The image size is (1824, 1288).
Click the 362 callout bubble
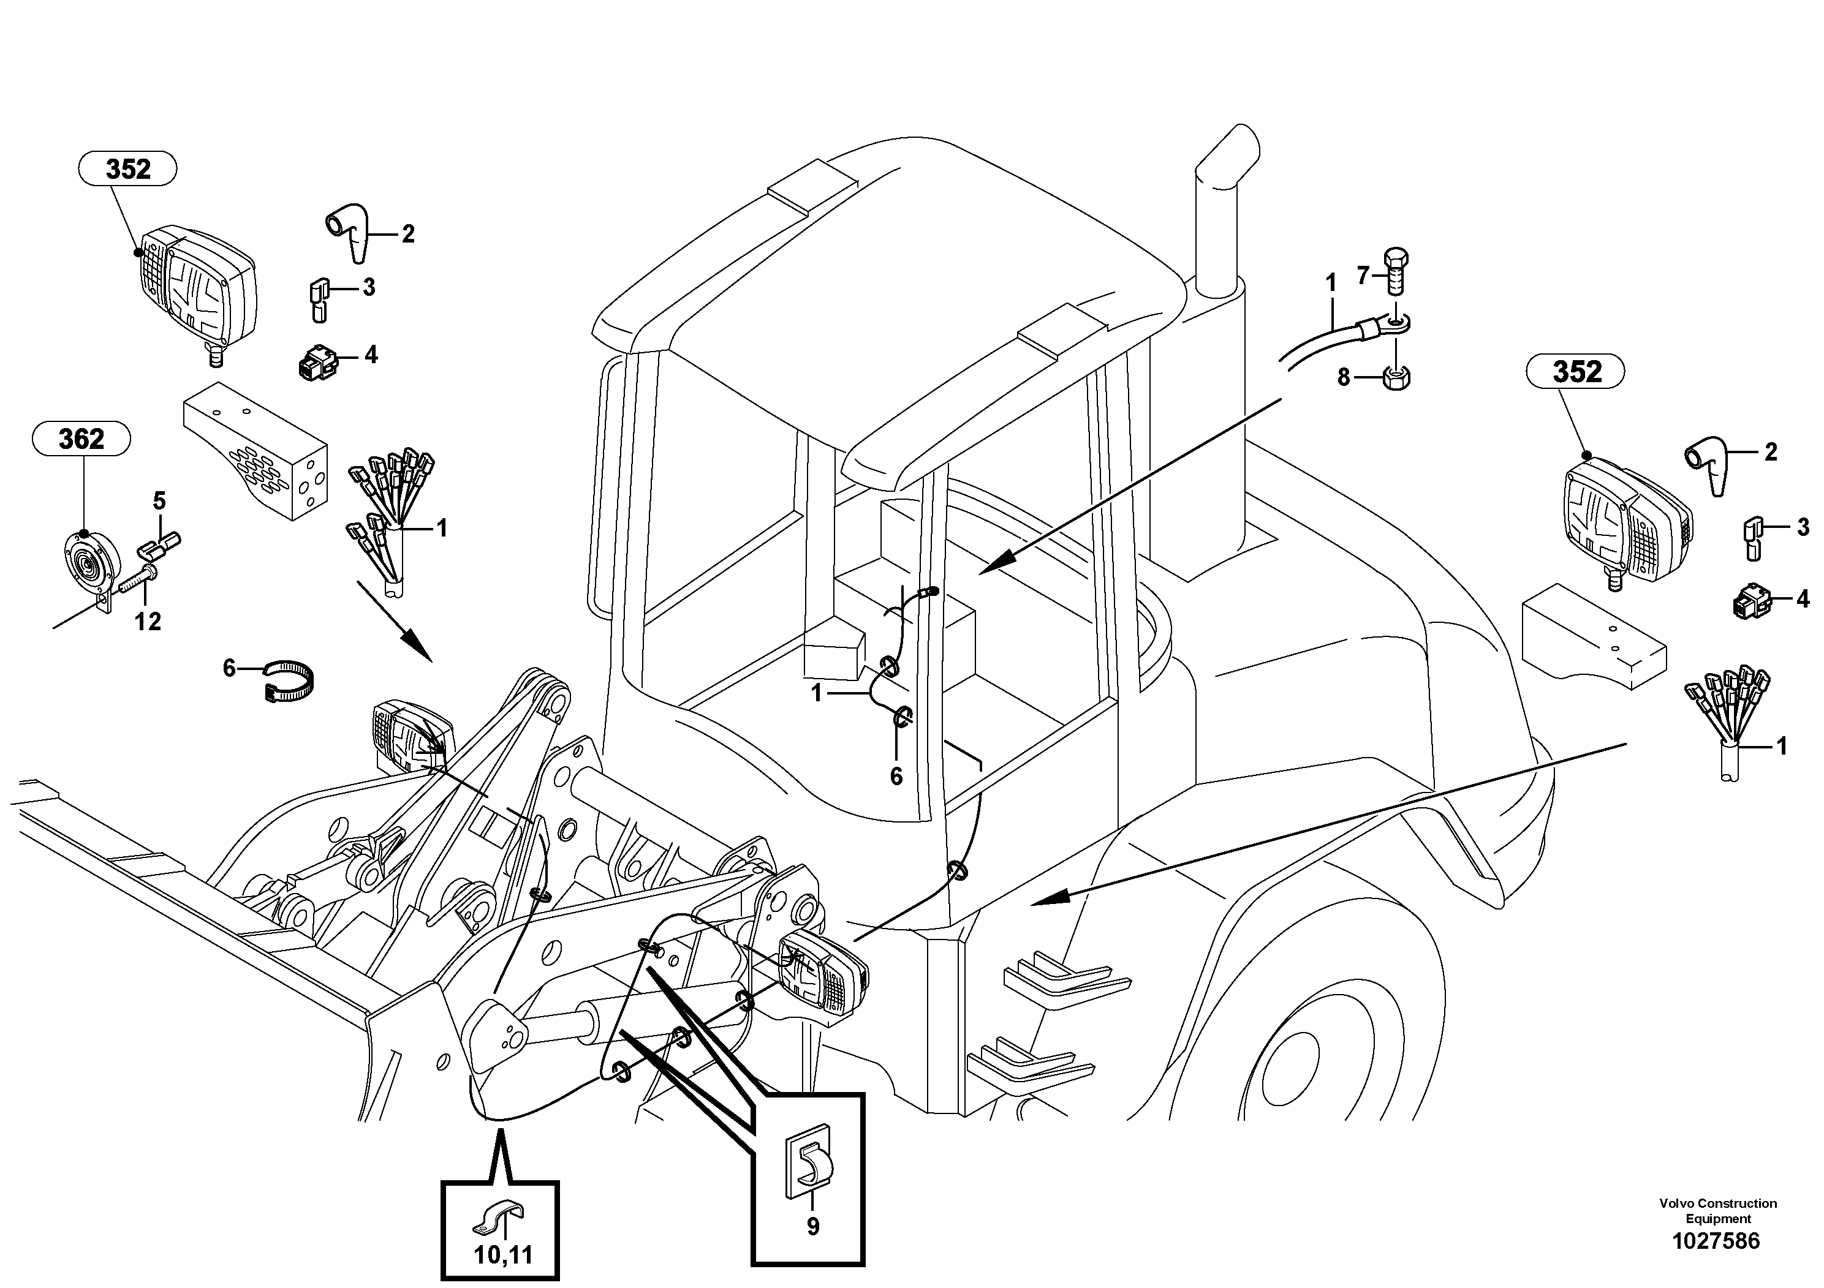tap(81, 439)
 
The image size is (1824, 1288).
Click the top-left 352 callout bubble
tap(128, 168)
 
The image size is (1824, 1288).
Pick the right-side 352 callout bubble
tap(1576, 372)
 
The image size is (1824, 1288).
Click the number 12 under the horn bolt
tap(148, 621)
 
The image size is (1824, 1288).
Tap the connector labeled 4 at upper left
tap(316, 364)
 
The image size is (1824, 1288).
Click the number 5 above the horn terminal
tap(160, 501)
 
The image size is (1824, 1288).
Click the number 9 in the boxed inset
tap(812, 1227)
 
